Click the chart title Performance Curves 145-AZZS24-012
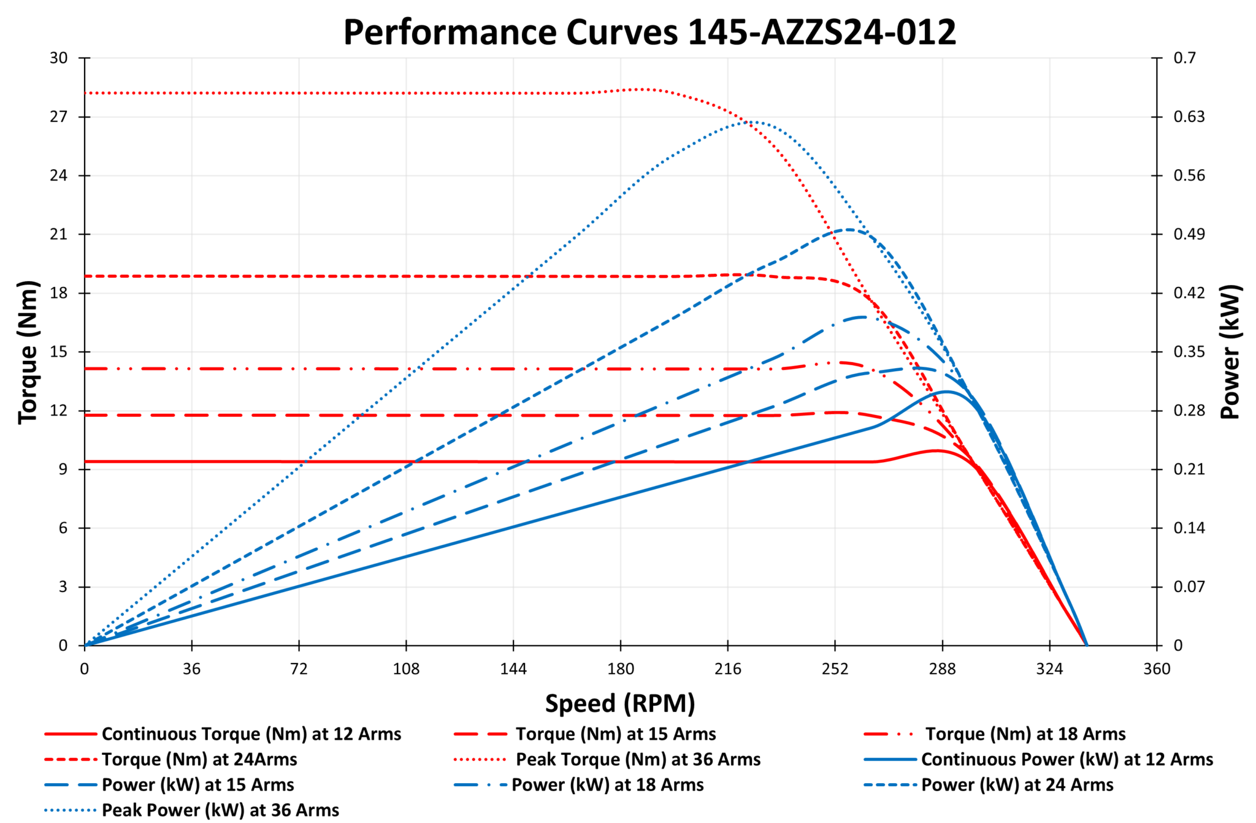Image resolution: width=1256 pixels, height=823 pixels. click(x=649, y=32)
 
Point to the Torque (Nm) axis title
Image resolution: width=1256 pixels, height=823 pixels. click(x=28, y=352)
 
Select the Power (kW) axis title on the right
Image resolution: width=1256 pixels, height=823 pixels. click(x=1230, y=352)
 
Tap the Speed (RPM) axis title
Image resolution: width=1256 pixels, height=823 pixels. click(x=620, y=703)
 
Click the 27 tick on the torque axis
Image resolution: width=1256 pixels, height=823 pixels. click(x=58, y=116)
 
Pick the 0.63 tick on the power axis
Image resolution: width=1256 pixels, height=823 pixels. click(x=1189, y=116)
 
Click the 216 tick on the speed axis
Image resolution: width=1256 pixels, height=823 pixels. click(x=727, y=669)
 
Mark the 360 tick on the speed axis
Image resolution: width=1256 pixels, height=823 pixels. click(x=1157, y=669)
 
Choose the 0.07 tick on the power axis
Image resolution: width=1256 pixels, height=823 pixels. click(x=1189, y=586)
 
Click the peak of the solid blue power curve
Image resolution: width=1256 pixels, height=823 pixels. click(x=946, y=392)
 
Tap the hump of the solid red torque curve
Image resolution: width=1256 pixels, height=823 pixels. click(x=935, y=450)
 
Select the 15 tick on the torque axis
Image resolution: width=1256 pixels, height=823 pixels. click(x=58, y=352)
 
